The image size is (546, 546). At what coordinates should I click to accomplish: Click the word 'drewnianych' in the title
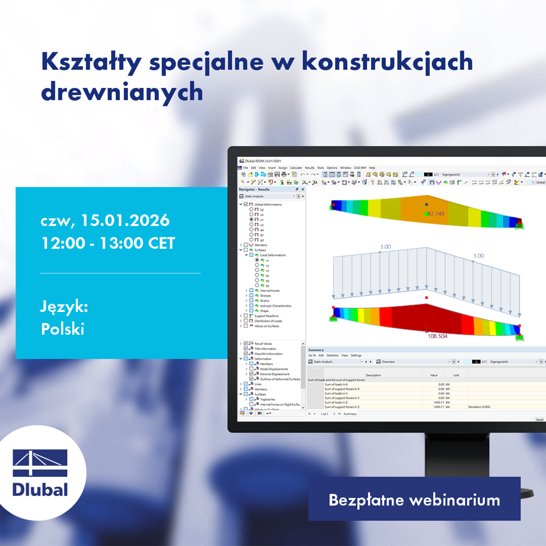122,92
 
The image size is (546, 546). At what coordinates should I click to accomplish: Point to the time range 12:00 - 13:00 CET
108,243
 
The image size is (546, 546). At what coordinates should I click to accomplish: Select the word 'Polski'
62,329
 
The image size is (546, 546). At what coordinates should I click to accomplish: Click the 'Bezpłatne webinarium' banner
414,500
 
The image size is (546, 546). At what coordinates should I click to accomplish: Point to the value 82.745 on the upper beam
435,214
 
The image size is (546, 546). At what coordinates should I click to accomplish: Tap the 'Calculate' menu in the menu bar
296,167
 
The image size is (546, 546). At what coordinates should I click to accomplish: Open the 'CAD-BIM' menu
360,167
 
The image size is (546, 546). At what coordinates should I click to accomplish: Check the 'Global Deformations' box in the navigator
246,204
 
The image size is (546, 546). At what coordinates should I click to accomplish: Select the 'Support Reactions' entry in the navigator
266,316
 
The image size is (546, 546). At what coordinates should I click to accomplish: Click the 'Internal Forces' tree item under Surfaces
270,291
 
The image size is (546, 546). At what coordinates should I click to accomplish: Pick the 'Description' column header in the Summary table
373,375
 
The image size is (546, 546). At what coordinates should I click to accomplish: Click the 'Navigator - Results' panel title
254,189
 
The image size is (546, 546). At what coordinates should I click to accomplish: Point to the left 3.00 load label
386,247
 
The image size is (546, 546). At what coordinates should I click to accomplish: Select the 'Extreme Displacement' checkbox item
275,374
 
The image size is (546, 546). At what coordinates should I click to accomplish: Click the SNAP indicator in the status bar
539,420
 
